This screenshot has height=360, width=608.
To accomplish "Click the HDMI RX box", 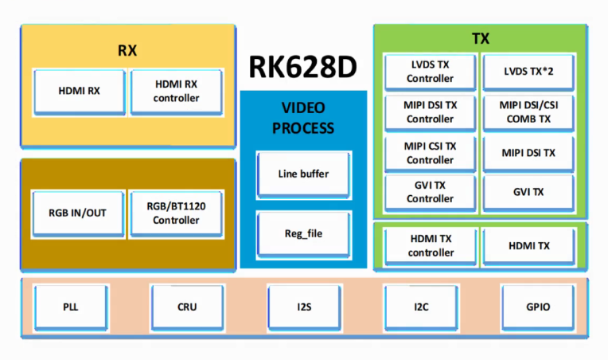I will (x=79, y=91).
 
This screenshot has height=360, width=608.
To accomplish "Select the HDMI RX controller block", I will (x=177, y=91).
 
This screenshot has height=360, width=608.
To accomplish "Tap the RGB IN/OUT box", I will (x=79, y=213).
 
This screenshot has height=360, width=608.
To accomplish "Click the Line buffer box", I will (x=303, y=174).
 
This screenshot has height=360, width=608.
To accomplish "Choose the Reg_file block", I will (x=303, y=233).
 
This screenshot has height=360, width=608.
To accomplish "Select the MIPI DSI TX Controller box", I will (x=431, y=112).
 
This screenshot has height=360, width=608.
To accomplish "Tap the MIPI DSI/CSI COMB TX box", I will (x=528, y=112).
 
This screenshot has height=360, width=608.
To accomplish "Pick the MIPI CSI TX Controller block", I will (x=431, y=153).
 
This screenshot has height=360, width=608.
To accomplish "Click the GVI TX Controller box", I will (x=431, y=192).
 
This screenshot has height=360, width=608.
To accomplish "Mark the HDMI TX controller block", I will (x=431, y=246).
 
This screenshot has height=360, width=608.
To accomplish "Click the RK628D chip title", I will (x=303, y=68).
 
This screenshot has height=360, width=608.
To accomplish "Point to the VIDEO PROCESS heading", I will (x=303, y=118).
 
